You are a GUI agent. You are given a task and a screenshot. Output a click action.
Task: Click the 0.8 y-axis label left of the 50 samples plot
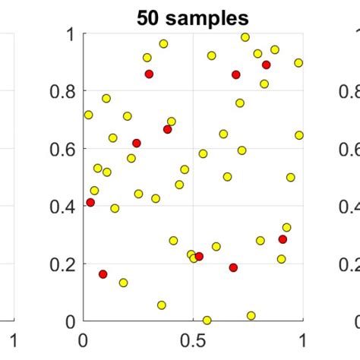click(64, 92)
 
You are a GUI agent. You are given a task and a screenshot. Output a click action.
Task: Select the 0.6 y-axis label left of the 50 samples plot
click(64, 149)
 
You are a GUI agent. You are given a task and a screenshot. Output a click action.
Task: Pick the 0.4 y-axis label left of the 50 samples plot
click(64, 207)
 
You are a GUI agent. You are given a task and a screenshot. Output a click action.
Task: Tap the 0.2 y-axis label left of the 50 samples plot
click(64, 264)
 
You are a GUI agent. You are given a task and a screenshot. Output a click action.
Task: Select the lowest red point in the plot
click(103, 274)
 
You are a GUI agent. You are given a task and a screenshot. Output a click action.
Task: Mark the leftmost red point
click(90, 203)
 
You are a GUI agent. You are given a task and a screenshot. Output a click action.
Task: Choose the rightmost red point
click(283, 239)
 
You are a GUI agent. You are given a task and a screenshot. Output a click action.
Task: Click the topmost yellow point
click(245, 37)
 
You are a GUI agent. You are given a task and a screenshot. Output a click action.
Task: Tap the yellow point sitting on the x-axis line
click(207, 321)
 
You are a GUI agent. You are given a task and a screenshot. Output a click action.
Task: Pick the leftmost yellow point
click(88, 115)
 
